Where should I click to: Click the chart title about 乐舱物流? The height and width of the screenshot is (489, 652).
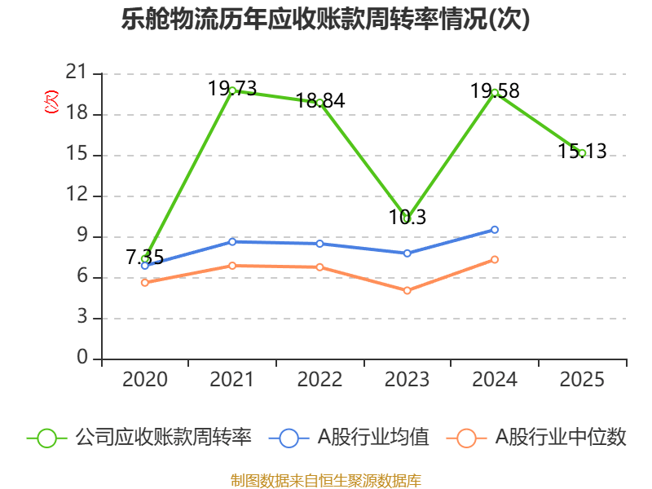[x=326, y=20]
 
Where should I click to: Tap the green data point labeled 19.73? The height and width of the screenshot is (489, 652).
[x=232, y=90]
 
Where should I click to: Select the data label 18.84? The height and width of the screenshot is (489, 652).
[x=319, y=101]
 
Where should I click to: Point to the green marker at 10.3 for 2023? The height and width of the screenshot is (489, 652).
[x=407, y=218]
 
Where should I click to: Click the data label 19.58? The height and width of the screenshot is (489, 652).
[x=495, y=90]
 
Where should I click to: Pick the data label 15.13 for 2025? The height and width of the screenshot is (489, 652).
[x=582, y=151]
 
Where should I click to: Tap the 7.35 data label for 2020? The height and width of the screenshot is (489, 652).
[x=144, y=258]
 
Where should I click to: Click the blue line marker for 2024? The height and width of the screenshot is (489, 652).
[x=495, y=230]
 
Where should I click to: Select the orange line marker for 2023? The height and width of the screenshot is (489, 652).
[x=407, y=290]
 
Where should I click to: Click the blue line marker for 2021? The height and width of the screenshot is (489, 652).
[x=232, y=241]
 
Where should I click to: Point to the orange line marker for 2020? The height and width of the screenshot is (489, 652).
[x=144, y=282]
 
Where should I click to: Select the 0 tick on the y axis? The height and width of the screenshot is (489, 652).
[x=81, y=359]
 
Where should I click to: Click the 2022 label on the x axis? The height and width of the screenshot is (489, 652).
[x=319, y=379]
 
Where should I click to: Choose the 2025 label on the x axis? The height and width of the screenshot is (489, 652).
[x=582, y=379]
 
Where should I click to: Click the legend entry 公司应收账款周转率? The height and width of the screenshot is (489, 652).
[x=139, y=438]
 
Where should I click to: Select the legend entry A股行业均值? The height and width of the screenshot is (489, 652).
[x=355, y=438]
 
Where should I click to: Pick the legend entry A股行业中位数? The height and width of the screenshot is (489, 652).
[x=538, y=438]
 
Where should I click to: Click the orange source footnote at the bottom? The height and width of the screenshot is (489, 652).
[x=326, y=480]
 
